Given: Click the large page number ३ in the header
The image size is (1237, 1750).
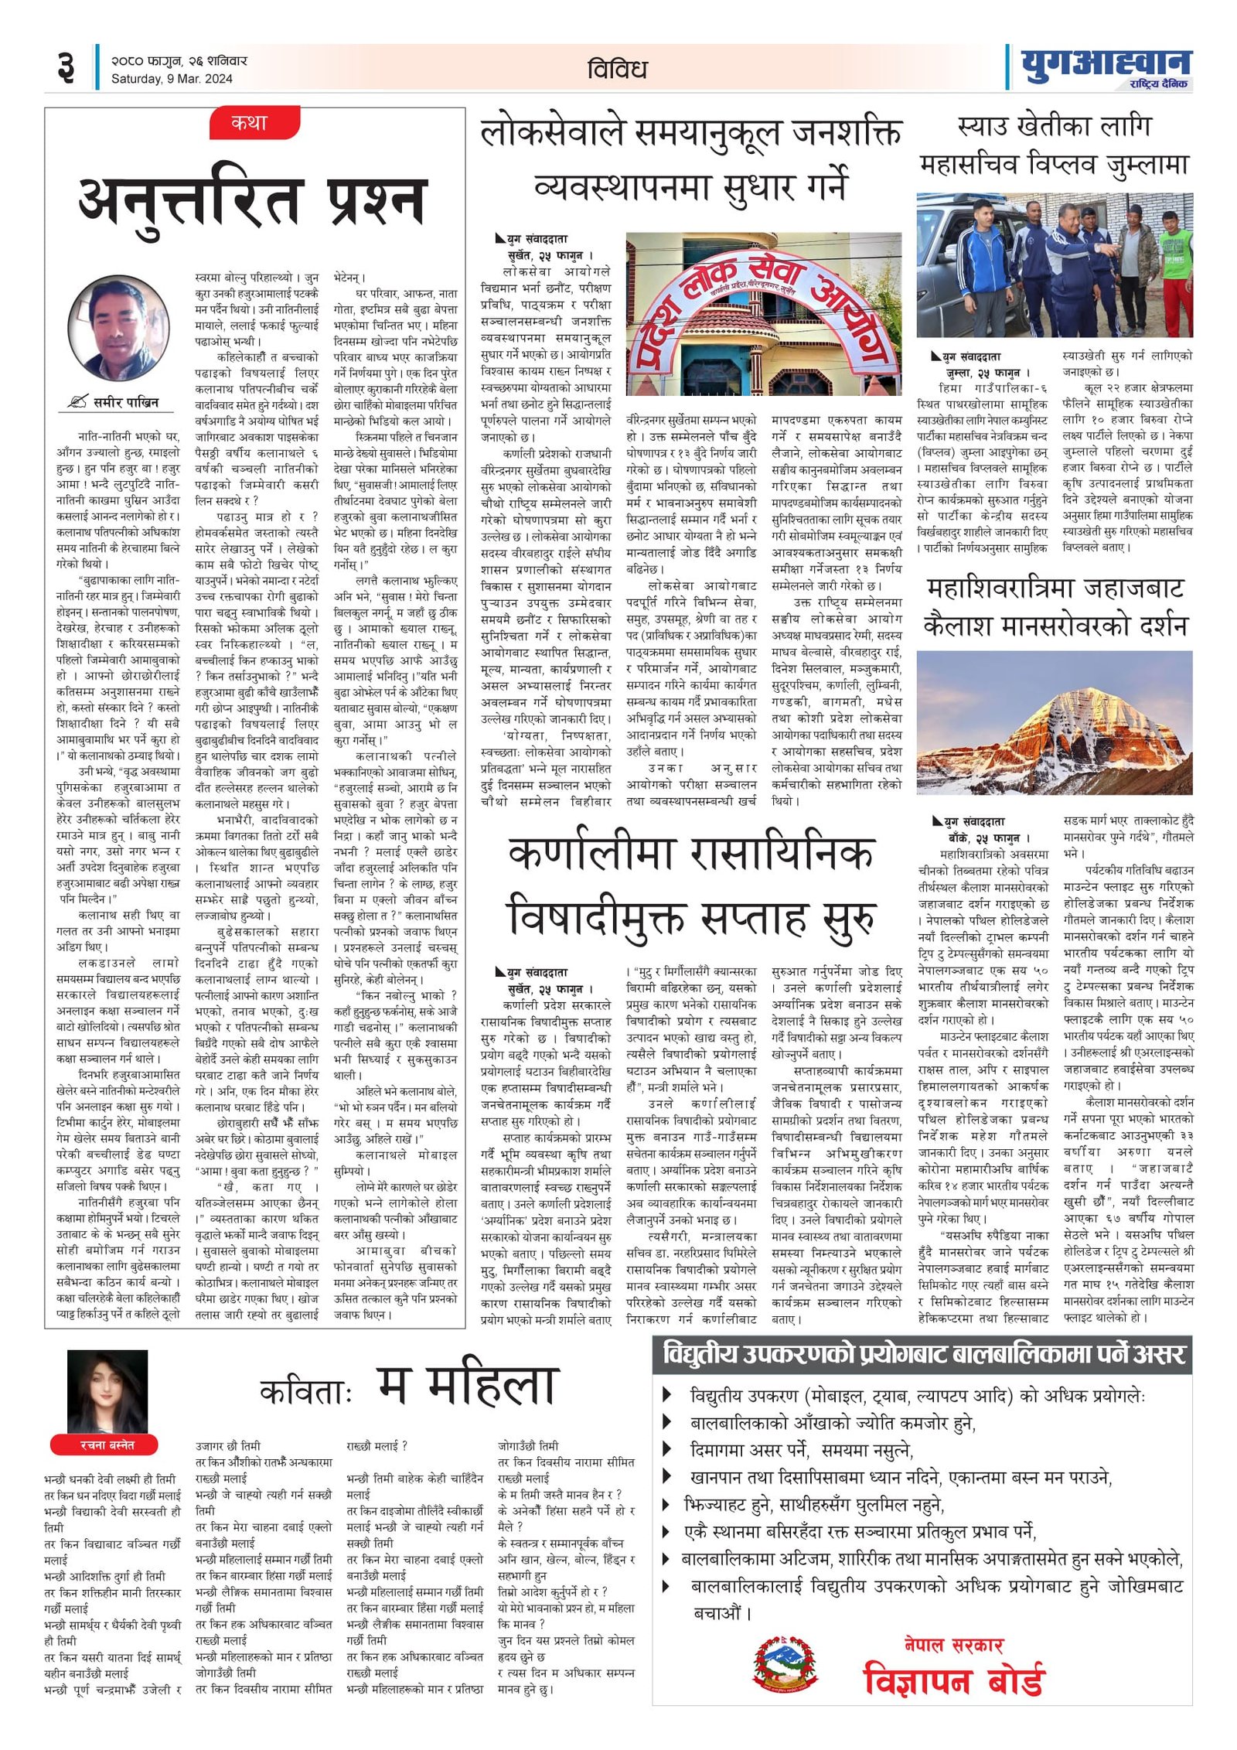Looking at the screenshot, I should (x=66, y=67).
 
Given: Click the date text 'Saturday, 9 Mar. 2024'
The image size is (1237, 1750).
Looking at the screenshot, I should (x=172, y=79).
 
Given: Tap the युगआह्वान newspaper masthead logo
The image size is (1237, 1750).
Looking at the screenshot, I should (x=1105, y=65).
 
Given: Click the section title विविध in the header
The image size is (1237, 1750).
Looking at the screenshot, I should (x=616, y=69).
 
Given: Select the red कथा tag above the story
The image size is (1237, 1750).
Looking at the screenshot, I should (x=250, y=123).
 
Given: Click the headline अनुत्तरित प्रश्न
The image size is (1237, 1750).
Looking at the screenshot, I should (x=253, y=199).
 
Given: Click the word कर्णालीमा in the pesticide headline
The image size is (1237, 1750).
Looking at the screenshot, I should (x=593, y=854).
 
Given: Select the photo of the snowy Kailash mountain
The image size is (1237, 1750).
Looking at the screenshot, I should (x=1054, y=722).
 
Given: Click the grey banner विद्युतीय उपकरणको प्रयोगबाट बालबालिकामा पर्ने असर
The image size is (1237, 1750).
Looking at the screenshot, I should (x=922, y=1353).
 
